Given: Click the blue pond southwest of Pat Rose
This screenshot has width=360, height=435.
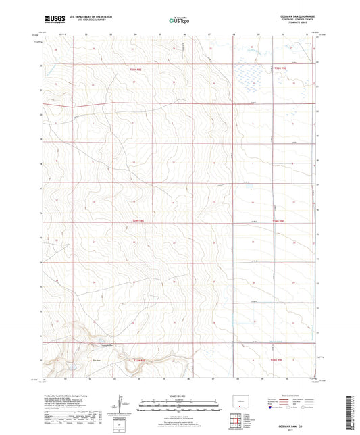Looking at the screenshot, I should coord(70,369).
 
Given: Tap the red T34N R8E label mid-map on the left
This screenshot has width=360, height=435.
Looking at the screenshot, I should coord(137,220).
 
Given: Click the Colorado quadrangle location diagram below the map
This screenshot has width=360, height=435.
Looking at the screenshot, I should coord(242,403).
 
